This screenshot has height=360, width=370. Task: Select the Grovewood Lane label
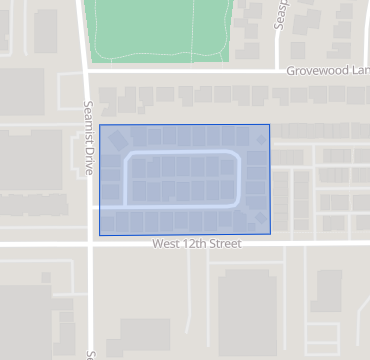pos(326,72)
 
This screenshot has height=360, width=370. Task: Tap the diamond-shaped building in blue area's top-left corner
pos(117,138)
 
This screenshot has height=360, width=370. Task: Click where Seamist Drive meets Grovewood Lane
pos(86,71)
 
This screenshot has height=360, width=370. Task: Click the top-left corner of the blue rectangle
pos(100,125)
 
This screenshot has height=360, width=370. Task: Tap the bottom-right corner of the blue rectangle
pos(270,235)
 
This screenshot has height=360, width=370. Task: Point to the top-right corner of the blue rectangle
pos(270,125)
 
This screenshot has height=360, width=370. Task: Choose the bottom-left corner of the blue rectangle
pos(100,235)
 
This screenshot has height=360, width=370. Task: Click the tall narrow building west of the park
pos(45,31)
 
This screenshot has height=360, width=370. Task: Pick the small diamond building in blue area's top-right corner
pos(260,141)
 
